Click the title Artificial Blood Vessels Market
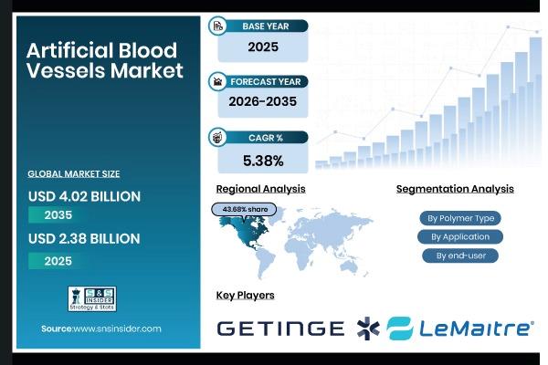point(104,60)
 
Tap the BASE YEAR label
point(265,26)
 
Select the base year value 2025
point(262,47)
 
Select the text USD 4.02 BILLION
point(84,195)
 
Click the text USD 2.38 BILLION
point(84,239)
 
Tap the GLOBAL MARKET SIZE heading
point(74,173)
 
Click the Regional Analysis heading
point(260,189)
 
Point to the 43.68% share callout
point(246,209)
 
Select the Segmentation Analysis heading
point(455,189)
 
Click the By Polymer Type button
point(460,218)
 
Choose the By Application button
point(460,237)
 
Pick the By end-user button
point(460,255)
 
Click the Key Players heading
point(245,296)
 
